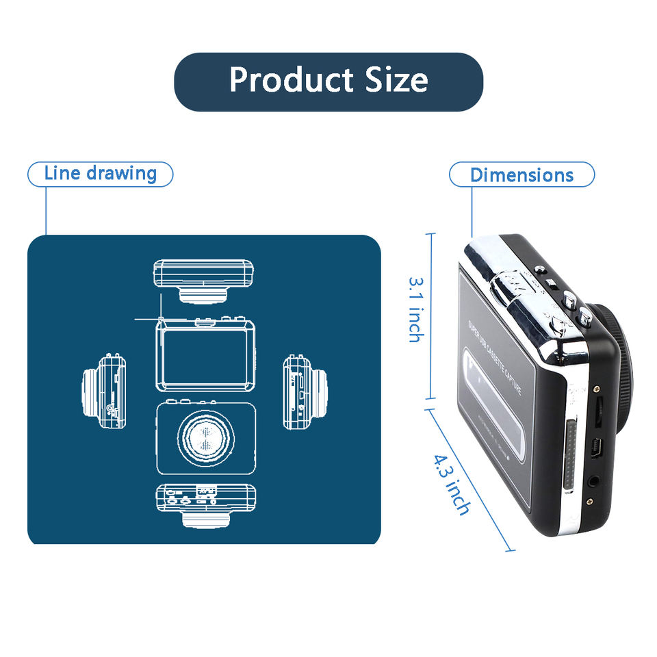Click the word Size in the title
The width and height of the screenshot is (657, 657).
(x=397, y=81)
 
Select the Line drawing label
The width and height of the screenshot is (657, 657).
(x=100, y=174)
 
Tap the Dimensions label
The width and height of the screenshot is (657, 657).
(x=521, y=175)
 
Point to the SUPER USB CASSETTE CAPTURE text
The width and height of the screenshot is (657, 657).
(x=494, y=357)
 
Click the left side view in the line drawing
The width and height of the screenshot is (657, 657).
(x=103, y=391)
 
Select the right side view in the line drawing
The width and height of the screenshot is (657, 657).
(x=305, y=391)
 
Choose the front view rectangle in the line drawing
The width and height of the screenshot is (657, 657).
(x=205, y=355)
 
